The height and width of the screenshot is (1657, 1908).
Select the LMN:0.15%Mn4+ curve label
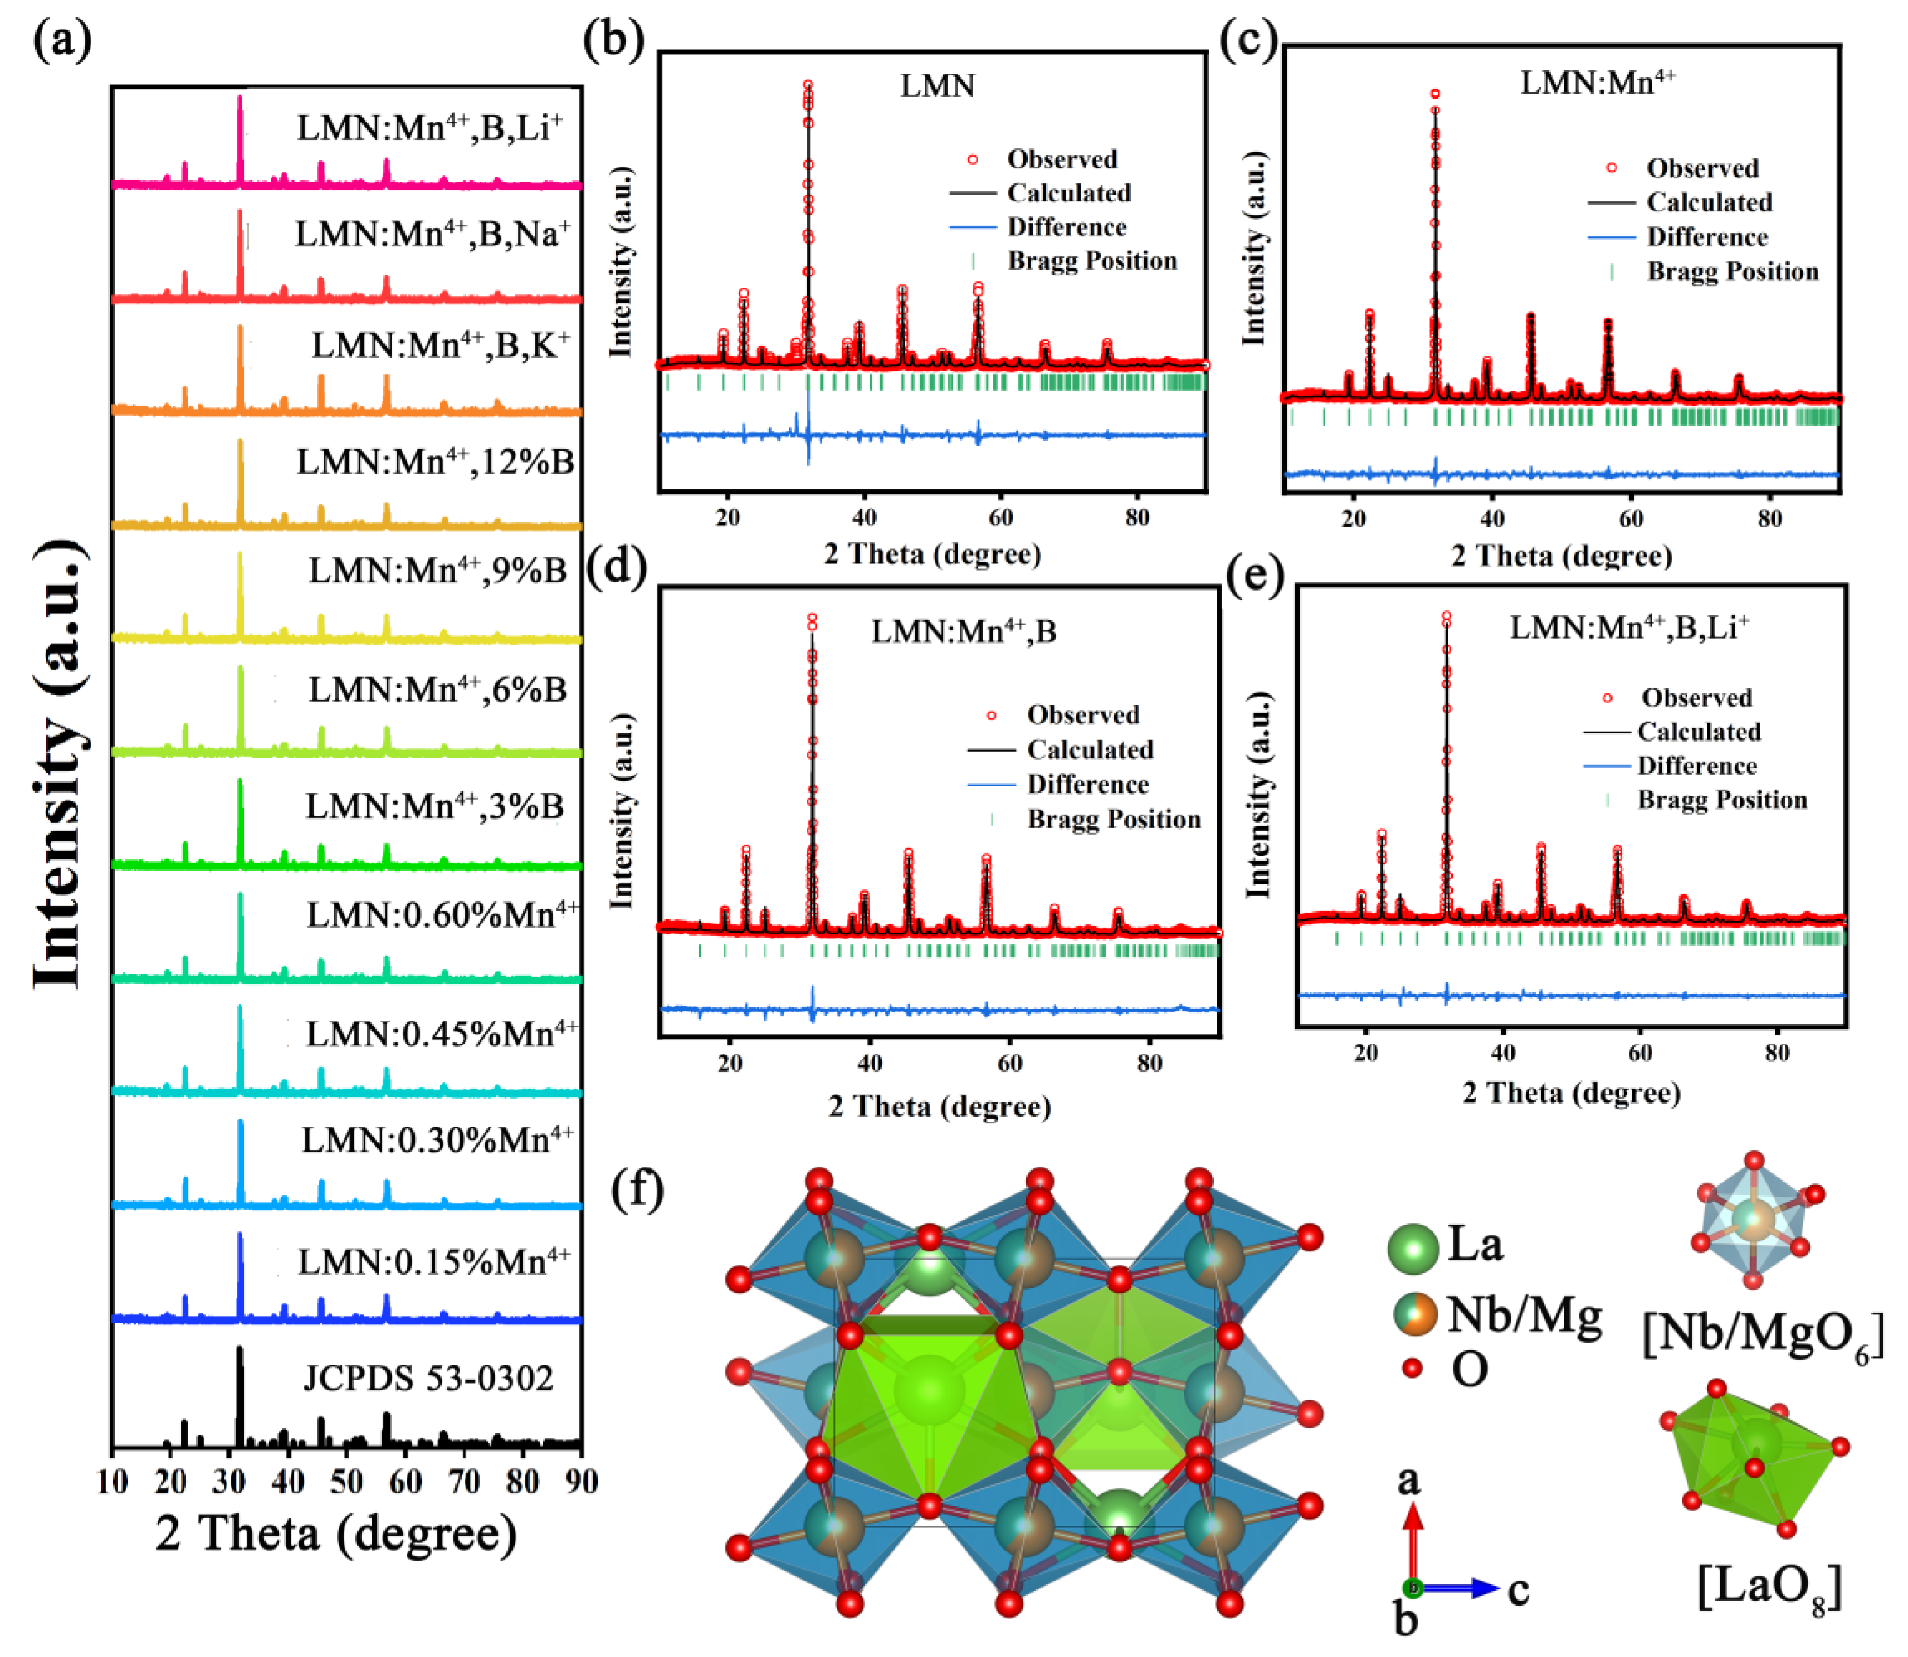433,1261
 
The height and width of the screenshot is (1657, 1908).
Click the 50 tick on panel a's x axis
346,1480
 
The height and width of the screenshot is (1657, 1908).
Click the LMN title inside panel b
937,86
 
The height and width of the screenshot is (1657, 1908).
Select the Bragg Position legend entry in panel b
1091,261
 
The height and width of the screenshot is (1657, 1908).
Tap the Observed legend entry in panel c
1701,168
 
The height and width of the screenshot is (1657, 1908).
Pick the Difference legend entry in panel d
1087,784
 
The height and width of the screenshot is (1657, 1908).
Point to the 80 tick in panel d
1149,1063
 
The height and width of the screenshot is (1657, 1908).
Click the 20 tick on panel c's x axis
1354,519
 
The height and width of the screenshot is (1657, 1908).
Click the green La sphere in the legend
1413,1247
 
